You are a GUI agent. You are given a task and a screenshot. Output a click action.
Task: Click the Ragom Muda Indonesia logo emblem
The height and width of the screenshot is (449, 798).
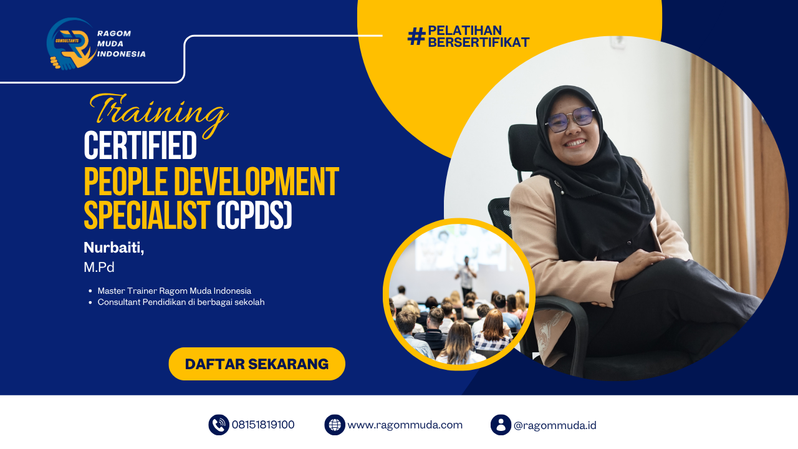[x=70, y=44]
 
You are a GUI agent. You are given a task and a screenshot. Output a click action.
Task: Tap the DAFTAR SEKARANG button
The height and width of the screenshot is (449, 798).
[x=257, y=364]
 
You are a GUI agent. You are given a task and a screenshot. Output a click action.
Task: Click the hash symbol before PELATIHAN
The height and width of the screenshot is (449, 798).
[x=416, y=36]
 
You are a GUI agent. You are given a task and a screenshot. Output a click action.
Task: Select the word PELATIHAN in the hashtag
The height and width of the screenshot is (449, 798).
[x=464, y=30]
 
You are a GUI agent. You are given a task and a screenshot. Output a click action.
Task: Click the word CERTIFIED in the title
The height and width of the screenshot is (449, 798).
[x=140, y=146]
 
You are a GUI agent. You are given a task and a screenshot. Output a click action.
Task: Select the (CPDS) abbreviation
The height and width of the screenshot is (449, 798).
[x=254, y=216]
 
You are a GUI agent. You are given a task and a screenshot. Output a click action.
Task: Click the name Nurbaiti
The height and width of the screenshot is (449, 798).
[x=113, y=248]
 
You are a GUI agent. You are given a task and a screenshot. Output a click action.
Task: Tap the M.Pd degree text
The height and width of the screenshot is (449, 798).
[x=99, y=268]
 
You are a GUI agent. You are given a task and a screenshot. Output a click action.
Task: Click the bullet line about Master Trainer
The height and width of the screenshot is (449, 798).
[x=174, y=291]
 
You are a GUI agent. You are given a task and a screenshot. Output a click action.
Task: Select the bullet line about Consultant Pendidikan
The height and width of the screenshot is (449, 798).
[x=181, y=302]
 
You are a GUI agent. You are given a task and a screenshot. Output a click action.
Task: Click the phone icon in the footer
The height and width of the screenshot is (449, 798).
[x=219, y=425]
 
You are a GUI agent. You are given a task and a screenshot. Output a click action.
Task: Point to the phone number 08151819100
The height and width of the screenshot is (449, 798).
[x=263, y=425]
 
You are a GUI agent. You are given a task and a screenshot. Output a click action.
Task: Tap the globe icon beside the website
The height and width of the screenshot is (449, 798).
[x=335, y=425]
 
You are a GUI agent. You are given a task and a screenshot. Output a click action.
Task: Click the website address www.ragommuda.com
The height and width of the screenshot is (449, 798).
[x=405, y=425]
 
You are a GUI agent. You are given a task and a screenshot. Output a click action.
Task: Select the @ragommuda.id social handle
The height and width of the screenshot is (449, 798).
[x=555, y=425]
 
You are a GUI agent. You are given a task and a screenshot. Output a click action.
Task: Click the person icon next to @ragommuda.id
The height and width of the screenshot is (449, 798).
[x=501, y=425]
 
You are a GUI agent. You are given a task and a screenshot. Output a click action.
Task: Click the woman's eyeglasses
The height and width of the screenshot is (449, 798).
[x=570, y=118]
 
